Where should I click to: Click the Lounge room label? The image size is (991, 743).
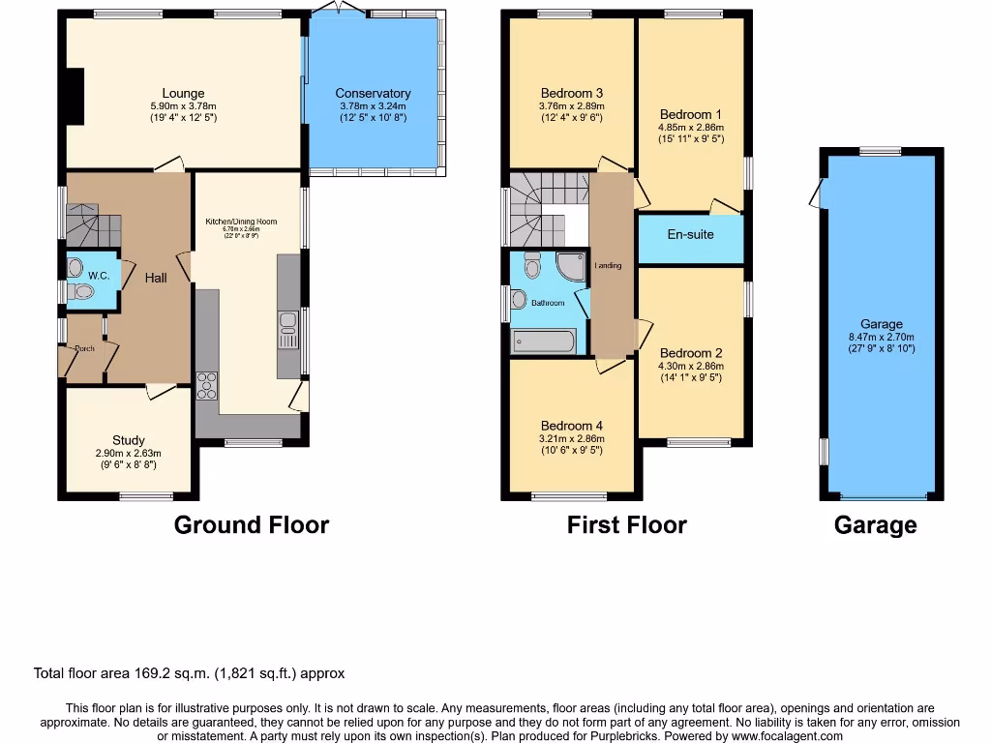(x=183, y=94)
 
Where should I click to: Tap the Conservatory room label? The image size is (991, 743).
(x=373, y=94)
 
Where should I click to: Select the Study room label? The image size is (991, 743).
(x=128, y=440)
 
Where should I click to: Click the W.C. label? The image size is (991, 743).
(x=99, y=275)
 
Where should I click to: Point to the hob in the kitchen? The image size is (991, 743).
(x=206, y=385)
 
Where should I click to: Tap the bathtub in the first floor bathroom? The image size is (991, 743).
(x=543, y=341)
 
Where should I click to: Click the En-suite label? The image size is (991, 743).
(x=690, y=234)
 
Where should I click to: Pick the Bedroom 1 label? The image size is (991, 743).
(x=690, y=113)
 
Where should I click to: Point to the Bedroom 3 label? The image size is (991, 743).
(x=571, y=93)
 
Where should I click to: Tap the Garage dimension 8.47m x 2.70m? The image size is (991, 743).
(x=881, y=337)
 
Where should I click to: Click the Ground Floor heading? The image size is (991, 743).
(x=252, y=525)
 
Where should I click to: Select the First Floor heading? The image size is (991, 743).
(x=626, y=525)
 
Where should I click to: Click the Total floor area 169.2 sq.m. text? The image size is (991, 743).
(x=189, y=673)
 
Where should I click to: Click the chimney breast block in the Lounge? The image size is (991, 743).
(x=74, y=97)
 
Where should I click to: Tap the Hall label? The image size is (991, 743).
(x=156, y=278)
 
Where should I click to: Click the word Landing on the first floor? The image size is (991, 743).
(x=608, y=265)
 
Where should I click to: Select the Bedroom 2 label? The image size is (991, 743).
(x=690, y=353)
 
